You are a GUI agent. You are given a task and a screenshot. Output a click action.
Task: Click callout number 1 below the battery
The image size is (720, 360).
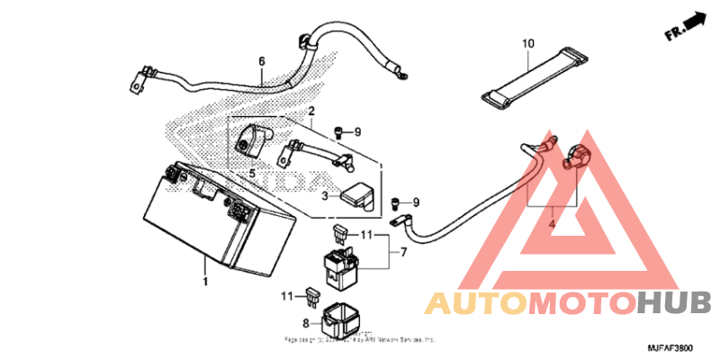[205, 283]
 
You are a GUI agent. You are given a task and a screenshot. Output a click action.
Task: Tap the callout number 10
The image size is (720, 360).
[527, 42]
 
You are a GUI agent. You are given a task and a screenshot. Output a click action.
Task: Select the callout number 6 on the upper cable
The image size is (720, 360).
[262, 62]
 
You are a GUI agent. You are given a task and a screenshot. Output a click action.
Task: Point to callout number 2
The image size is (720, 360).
[310, 112]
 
